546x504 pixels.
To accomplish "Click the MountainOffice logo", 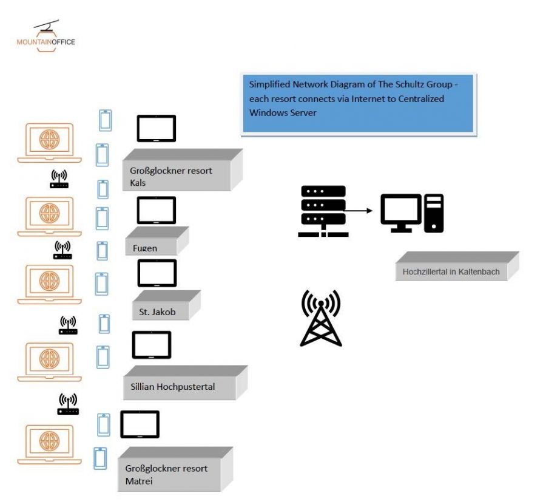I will tap(46, 36).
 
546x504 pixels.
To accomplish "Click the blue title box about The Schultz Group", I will tap(357, 103).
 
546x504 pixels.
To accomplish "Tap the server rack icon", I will tap(323, 211).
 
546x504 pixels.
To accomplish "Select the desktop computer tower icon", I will tap(434, 213).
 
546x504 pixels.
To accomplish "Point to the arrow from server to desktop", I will tap(359, 211).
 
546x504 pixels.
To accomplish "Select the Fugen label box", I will tap(154, 243).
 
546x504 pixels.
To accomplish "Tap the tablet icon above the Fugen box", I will tap(156, 210).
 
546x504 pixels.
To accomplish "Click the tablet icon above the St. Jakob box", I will tap(157, 273).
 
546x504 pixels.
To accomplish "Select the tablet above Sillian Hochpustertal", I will tap(152, 345).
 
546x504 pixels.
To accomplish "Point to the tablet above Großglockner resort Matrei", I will tap(140, 424).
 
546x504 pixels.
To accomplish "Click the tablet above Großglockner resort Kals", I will tap(156, 128).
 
